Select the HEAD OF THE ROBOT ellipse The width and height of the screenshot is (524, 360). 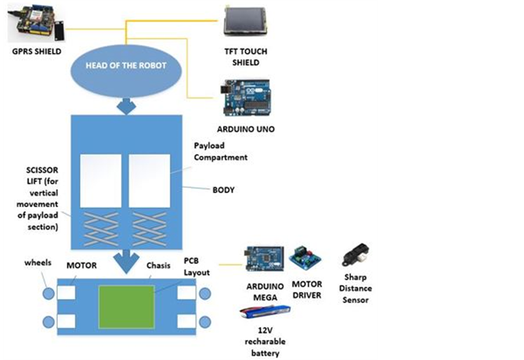(x=126, y=66)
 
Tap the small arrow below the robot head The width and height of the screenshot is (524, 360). (x=126, y=107)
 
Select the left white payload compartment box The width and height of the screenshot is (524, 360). (x=100, y=181)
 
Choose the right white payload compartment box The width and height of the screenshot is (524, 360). (x=150, y=181)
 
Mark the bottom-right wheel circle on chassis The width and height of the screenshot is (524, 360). (x=205, y=322)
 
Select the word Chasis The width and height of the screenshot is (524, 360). (x=158, y=266)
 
